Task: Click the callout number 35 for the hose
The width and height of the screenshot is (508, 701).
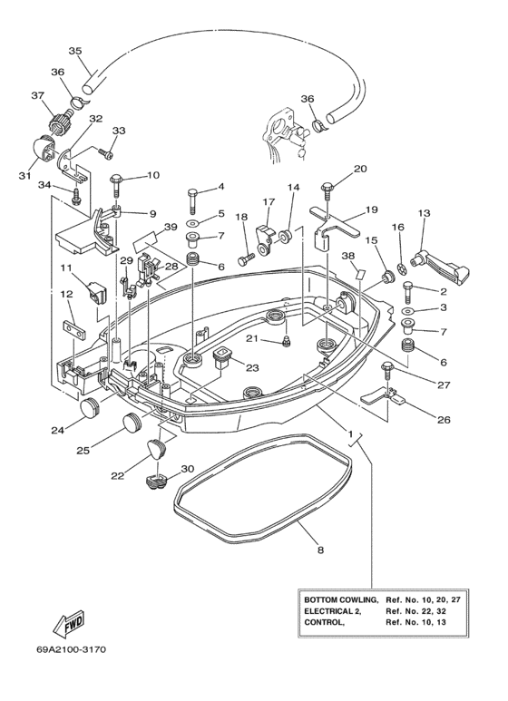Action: pyautogui.click(x=75, y=50)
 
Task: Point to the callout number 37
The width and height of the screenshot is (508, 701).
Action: pyautogui.click(x=38, y=95)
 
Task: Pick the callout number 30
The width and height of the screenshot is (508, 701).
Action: pyautogui.click(x=188, y=469)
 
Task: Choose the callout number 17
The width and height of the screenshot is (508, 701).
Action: pyautogui.click(x=268, y=201)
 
